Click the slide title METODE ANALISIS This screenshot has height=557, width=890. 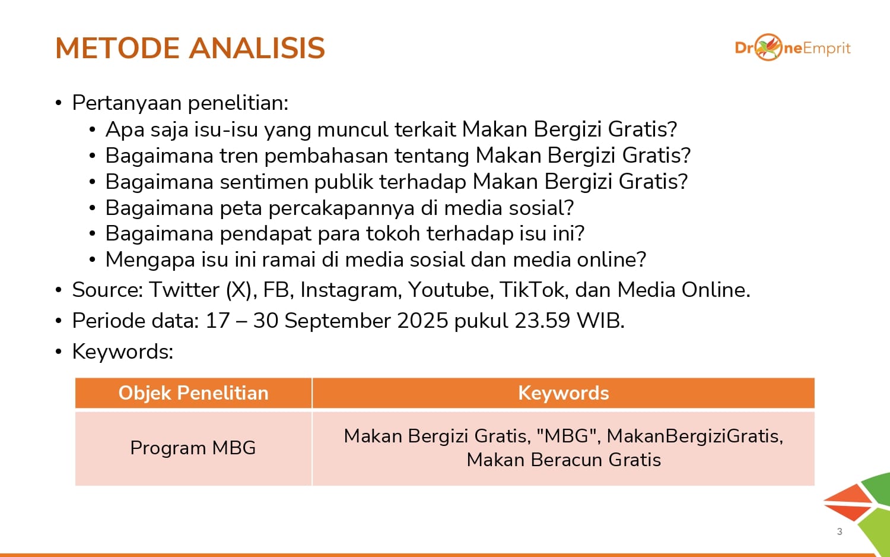pos(190,48)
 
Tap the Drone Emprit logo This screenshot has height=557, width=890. pos(793,48)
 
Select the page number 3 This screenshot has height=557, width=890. pos(840,531)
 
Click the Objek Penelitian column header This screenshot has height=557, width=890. pos(193,393)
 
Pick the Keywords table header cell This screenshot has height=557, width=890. pos(564,393)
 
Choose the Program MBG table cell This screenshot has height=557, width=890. pos(193,448)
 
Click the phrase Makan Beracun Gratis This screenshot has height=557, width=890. pos(564,460)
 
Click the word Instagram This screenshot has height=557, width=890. pos(349,290)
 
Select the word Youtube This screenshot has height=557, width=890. pos(450,289)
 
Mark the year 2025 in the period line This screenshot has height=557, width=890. pos(422,321)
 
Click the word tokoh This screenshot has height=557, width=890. pos(393,233)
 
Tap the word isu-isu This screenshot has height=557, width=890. pos(226,129)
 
